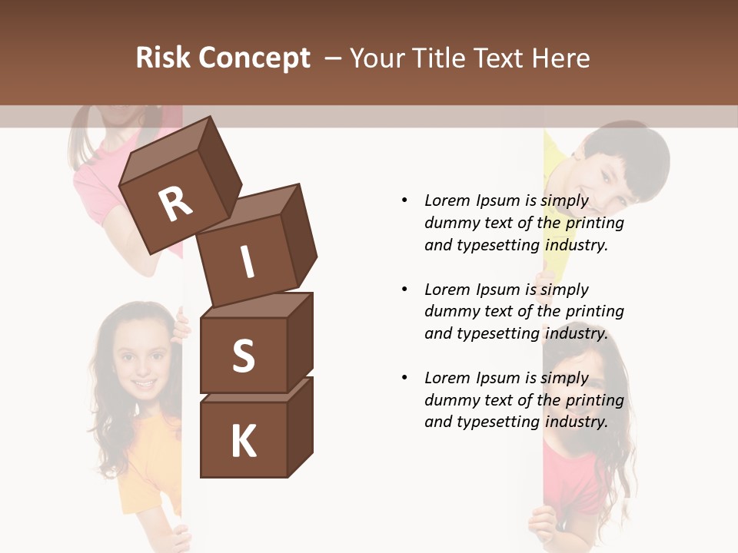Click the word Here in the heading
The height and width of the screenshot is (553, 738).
[x=561, y=58]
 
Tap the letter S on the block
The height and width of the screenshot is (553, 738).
[x=243, y=356]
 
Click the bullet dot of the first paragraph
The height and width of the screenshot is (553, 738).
[x=404, y=200]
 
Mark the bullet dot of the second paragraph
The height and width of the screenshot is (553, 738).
[x=404, y=290]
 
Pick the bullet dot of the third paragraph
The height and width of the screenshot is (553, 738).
[x=404, y=378]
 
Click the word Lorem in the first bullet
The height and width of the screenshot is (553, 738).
[x=447, y=200]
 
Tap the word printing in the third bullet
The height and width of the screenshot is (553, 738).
[x=594, y=399]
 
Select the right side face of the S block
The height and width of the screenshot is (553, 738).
[x=301, y=342]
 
